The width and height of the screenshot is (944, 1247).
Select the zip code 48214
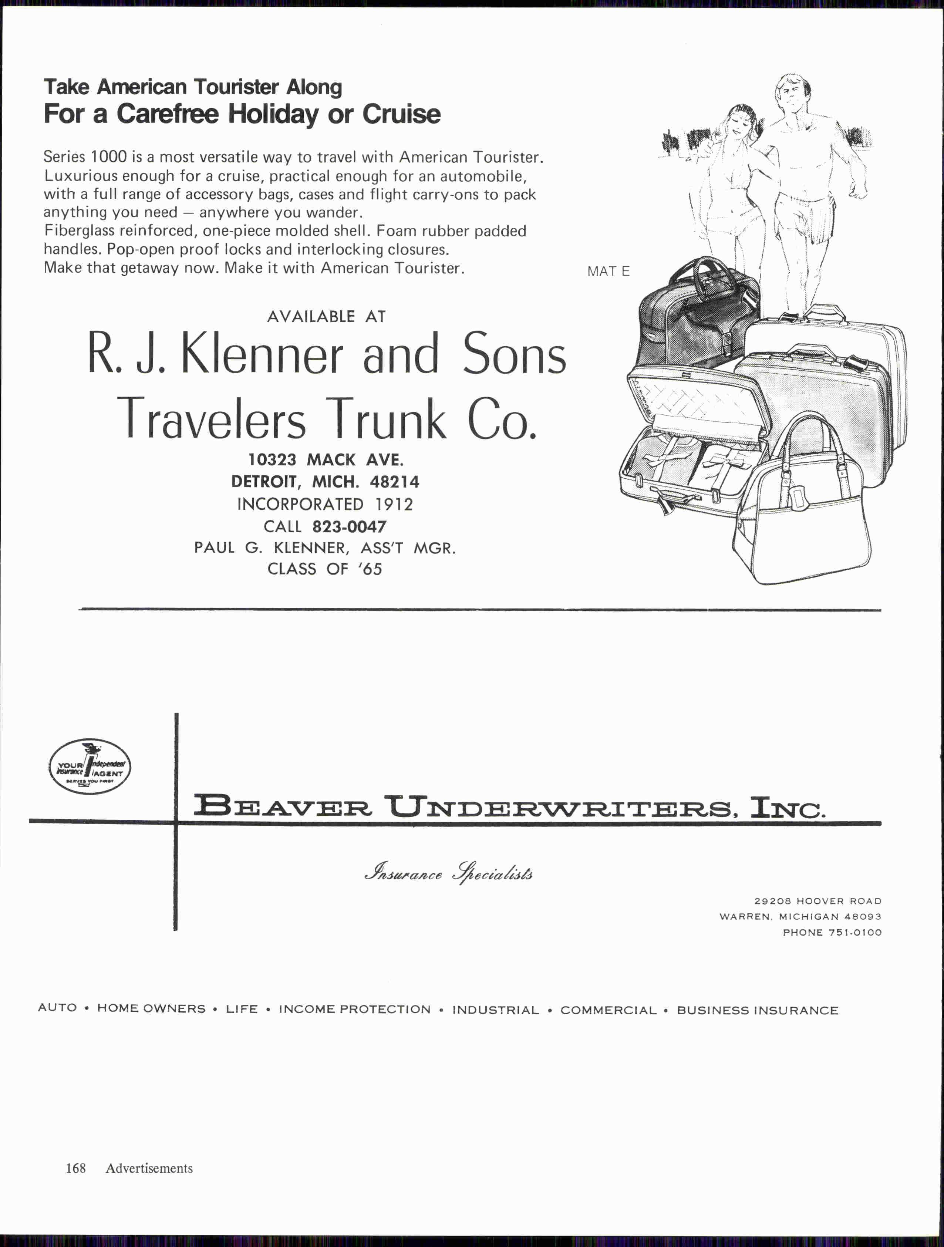(x=395, y=482)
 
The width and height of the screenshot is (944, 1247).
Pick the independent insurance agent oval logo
(x=90, y=766)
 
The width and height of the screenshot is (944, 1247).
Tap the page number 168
(x=75, y=1168)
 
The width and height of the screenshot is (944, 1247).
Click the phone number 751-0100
(x=854, y=933)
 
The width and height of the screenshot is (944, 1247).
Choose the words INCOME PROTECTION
(x=354, y=1009)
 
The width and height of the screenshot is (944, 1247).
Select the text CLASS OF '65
(x=325, y=569)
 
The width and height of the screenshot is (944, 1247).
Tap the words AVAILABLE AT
(x=326, y=316)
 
